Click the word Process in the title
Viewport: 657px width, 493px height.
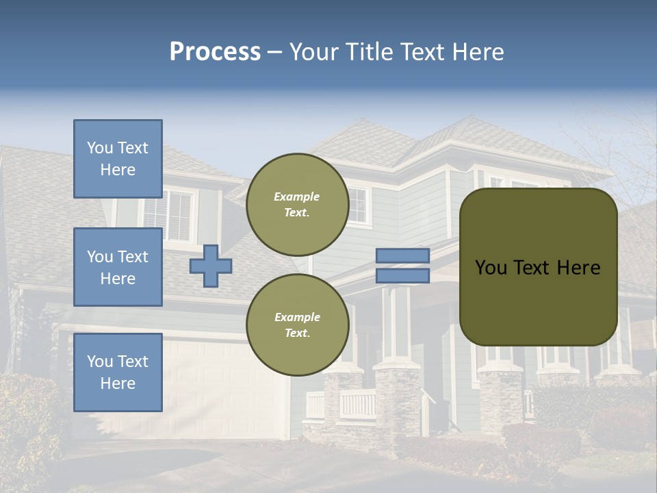coord(215,52)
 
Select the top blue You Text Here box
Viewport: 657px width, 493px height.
coord(118,159)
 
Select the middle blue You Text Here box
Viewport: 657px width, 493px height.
coord(118,267)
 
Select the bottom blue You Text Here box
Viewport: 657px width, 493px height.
coord(118,372)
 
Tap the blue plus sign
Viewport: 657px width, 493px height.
coord(211,266)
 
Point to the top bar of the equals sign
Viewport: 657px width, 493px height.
coord(402,255)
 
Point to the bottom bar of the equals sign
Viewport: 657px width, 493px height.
coord(402,276)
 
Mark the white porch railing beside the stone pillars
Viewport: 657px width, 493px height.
coord(357,404)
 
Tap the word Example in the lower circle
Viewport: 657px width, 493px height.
coord(297,317)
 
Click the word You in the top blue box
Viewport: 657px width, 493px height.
coord(100,148)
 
